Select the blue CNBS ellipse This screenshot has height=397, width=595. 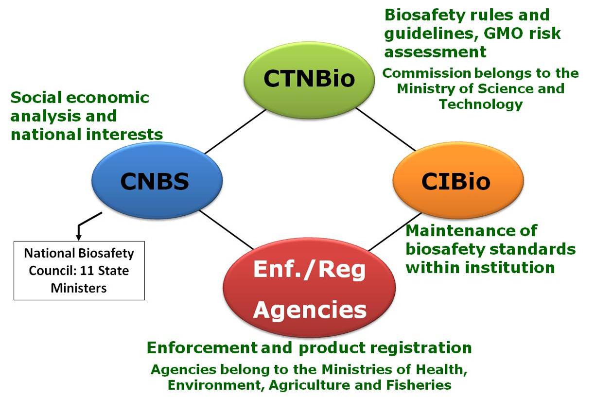click(x=155, y=181)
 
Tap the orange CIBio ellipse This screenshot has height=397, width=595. click(x=457, y=181)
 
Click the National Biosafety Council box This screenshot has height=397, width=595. click(x=79, y=270)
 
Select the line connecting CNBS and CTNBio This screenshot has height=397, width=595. click(x=235, y=131)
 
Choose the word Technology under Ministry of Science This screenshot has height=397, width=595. click(x=480, y=104)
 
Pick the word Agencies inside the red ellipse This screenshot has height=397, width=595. click(x=310, y=309)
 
